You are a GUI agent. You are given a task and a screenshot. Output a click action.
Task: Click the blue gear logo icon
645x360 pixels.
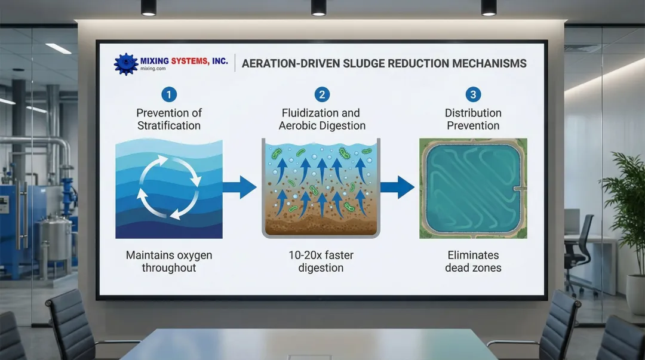point(126,64)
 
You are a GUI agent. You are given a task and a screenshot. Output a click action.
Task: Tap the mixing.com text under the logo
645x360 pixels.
point(153,69)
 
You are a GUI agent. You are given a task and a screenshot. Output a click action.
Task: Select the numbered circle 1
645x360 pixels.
point(168,95)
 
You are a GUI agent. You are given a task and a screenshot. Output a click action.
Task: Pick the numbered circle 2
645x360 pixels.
point(322,95)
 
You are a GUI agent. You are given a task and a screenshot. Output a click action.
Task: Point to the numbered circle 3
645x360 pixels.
point(473,95)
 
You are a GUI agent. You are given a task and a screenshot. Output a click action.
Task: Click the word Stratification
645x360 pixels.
point(168,125)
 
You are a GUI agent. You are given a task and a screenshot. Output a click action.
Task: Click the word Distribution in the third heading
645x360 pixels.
point(473,113)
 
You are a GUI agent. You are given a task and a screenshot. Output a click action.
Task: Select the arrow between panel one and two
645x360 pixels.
point(240,187)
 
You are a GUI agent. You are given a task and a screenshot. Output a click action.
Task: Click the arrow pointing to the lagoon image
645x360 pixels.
point(397,187)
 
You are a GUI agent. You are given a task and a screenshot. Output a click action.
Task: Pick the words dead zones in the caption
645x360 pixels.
point(473,268)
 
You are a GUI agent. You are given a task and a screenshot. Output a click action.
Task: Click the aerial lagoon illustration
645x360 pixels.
point(473,189)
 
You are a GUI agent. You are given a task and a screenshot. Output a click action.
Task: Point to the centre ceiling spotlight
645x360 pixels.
point(318,8)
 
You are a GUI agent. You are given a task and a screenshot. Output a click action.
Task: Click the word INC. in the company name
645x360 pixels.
point(220,61)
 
